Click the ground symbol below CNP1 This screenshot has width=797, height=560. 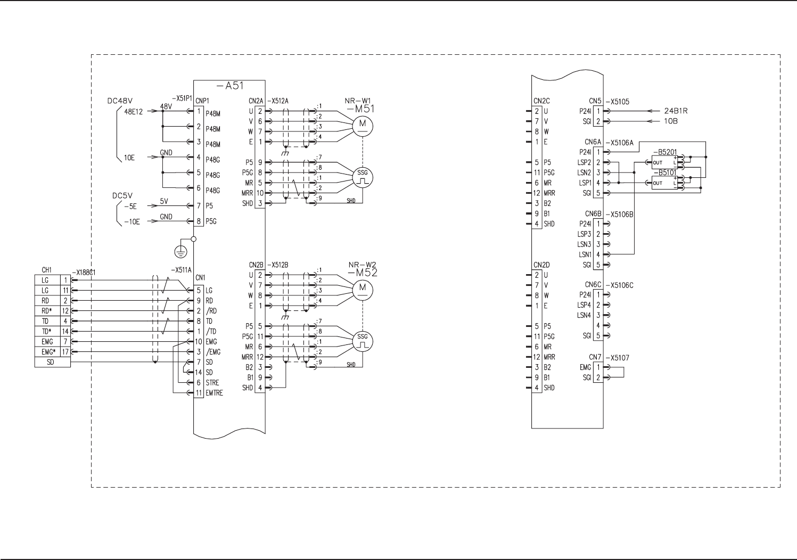point(183,251)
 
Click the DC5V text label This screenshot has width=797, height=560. point(122,195)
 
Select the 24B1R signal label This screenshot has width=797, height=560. point(676,111)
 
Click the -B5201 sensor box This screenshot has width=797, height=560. point(664,162)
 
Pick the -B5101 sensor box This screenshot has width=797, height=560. point(664,183)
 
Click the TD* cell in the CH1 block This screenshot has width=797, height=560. point(47,331)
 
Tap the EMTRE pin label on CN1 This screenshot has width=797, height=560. point(214,393)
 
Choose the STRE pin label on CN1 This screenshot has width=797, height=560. point(212,383)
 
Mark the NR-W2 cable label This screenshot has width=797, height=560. point(362,265)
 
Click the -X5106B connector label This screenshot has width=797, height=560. point(620,214)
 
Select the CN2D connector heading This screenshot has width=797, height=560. point(541,265)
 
